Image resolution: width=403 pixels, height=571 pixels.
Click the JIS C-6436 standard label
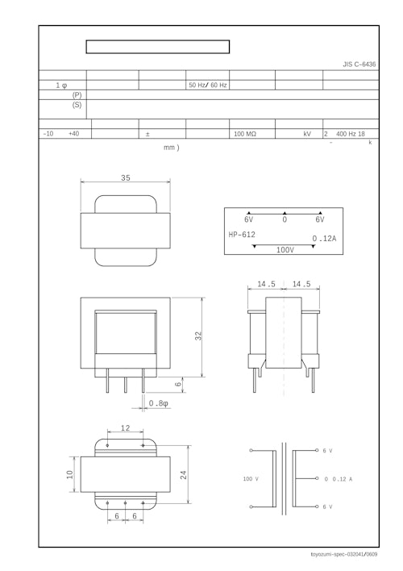pos(359,64)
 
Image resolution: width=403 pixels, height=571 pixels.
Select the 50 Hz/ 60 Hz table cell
pos(207,85)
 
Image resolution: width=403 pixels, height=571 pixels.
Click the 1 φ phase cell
pos(62,85)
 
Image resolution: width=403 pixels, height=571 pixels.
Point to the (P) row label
pos(77,95)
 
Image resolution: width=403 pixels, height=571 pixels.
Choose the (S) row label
pos(77,105)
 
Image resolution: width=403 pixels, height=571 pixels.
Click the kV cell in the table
pos(307,134)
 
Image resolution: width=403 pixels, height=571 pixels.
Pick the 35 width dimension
pos(126,177)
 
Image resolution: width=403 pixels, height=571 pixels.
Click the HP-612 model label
pos(242,235)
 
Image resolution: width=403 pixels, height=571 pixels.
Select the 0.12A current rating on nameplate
pos(324,239)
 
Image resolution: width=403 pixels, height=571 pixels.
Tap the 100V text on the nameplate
pos(285,250)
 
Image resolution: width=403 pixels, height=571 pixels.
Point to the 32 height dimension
pos(198,336)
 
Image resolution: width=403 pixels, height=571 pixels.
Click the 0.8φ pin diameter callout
pos(159,402)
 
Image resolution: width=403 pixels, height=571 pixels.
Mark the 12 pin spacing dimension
pos(125,427)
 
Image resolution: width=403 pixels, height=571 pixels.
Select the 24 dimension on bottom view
pos(185,475)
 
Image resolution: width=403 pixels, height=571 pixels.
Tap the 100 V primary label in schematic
pos(251,479)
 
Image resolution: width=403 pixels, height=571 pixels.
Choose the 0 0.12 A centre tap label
pos(338,479)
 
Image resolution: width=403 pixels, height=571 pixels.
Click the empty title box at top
pos(158,47)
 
